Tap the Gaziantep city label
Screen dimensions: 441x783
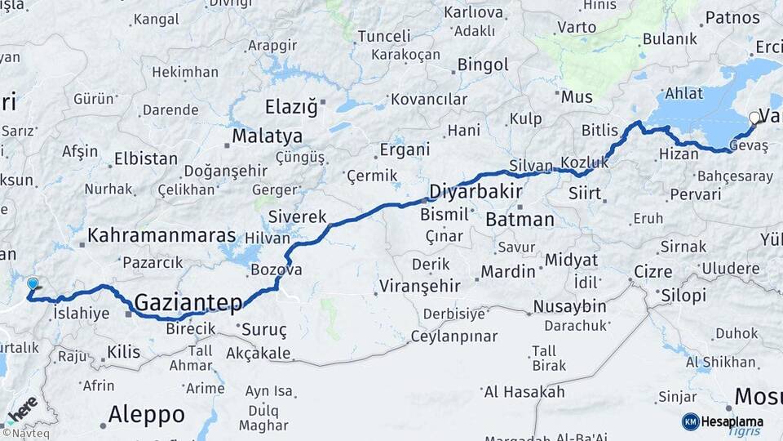pyautogui.click(x=188, y=303)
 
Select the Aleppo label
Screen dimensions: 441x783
pyautogui.click(x=146, y=415)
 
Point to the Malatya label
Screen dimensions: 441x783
pyautogui.click(x=267, y=136)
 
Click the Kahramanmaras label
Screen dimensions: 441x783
pyautogui.click(x=161, y=235)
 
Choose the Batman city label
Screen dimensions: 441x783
pyautogui.click(x=520, y=220)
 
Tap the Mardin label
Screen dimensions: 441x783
pyautogui.click(x=507, y=271)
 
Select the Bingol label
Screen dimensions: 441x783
pyautogui.click(x=483, y=65)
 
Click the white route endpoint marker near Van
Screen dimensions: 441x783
pyautogui.click(x=755, y=118)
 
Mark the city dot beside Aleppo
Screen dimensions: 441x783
pyautogui.click(x=104, y=425)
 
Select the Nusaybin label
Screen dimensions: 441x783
pyautogui.click(x=569, y=306)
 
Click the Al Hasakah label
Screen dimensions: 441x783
pyautogui.click(x=524, y=392)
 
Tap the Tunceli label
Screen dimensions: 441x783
pyautogui.click(x=384, y=37)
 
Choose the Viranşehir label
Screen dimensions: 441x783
pyautogui.click(x=419, y=287)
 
